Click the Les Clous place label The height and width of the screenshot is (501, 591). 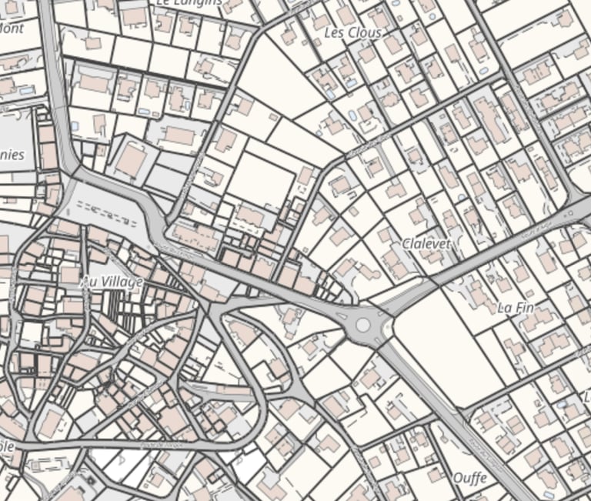click(x=352, y=33)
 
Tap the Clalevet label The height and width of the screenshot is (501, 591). click(x=426, y=243)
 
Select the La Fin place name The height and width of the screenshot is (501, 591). click(x=516, y=307)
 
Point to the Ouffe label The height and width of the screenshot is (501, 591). click(x=469, y=478)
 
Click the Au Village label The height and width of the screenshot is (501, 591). click(x=112, y=282)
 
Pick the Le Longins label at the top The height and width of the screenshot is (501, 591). click(x=189, y=3)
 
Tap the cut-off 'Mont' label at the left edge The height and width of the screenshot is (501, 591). click(x=12, y=28)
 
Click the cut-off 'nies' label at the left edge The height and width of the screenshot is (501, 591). click(x=12, y=155)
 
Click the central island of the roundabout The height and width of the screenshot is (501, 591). click(x=362, y=326)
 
